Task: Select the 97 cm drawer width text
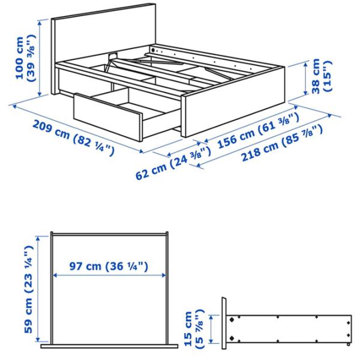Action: pos(108,266)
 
